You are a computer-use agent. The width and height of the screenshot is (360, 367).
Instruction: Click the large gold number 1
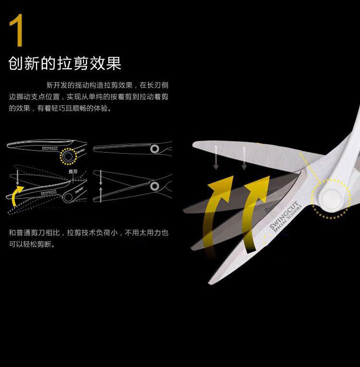(x=16, y=30)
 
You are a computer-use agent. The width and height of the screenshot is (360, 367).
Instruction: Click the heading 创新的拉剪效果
(x=65, y=63)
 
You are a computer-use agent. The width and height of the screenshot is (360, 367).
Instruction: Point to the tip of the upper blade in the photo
(x=194, y=143)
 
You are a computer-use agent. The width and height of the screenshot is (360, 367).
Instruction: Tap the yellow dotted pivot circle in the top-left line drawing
(x=68, y=157)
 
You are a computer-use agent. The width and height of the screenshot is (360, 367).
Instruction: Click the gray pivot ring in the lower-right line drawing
(x=155, y=185)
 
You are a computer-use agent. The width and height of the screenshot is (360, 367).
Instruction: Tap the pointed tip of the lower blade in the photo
(x=210, y=282)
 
